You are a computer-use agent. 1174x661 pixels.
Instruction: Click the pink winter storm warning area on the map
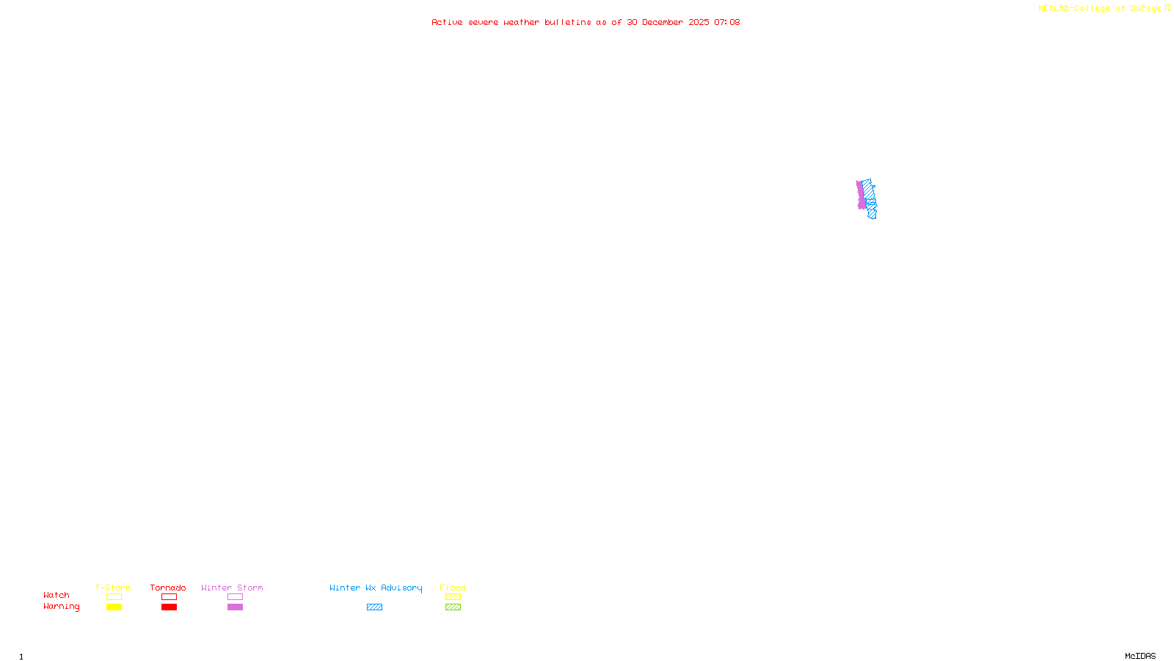pyautogui.click(x=860, y=195)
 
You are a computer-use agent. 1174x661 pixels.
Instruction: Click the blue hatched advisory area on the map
pyautogui.click(x=869, y=198)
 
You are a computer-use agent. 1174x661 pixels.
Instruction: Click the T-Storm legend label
pyautogui.click(x=113, y=588)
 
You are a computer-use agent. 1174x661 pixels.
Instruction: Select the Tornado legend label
pyautogui.click(x=168, y=588)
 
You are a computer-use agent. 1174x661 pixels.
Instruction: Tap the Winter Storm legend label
pyautogui.click(x=232, y=588)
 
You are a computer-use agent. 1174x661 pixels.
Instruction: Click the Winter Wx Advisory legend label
pyautogui.click(x=376, y=588)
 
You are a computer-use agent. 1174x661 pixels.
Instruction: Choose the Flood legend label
pyautogui.click(x=453, y=588)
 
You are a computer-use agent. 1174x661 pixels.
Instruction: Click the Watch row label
pyautogui.click(x=56, y=595)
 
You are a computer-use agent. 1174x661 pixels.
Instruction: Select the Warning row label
pyautogui.click(x=61, y=607)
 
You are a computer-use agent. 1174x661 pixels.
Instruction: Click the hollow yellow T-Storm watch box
pyautogui.click(x=114, y=597)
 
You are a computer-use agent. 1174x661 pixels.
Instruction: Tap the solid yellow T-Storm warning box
pyautogui.click(x=114, y=607)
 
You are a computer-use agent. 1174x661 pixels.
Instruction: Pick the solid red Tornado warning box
pyautogui.click(x=169, y=607)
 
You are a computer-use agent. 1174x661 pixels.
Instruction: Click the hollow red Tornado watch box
pyautogui.click(x=169, y=597)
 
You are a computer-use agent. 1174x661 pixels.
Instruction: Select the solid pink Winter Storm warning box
pyautogui.click(x=235, y=607)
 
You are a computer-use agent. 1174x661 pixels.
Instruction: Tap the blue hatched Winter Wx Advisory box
pyautogui.click(x=374, y=607)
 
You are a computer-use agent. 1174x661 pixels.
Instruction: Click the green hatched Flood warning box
pyautogui.click(x=453, y=607)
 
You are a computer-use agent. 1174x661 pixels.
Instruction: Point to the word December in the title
pyautogui.click(x=663, y=22)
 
